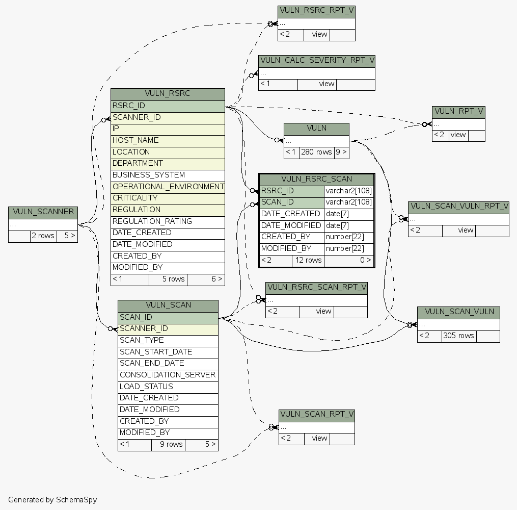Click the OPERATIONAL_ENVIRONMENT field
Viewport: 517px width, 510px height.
[x=168, y=187]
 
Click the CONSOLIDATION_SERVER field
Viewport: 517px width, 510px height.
[x=168, y=375]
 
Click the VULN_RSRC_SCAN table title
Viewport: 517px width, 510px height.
[x=316, y=179]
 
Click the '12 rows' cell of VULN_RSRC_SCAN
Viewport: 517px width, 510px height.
[x=308, y=260]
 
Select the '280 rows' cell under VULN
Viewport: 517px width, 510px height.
[x=316, y=152]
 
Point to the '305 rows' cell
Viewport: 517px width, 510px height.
[x=458, y=336]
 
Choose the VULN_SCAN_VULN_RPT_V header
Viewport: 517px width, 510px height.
[x=458, y=207]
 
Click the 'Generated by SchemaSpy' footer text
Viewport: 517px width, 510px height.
[x=52, y=500]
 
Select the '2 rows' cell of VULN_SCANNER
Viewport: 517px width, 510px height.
[x=43, y=236]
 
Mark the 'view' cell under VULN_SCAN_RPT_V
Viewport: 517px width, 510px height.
[x=319, y=438]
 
